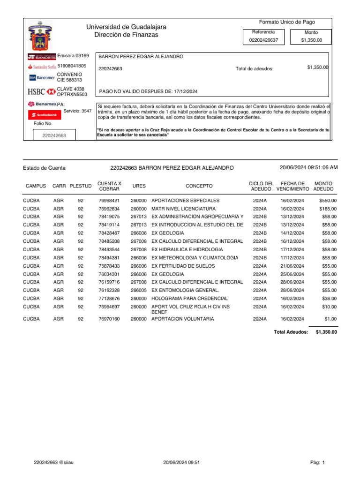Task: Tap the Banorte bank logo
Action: pos(42,57)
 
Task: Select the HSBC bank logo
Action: pos(42,91)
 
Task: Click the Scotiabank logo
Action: pos(44,114)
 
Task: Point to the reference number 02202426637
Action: pos(263,40)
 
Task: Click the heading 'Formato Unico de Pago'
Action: pos(287,22)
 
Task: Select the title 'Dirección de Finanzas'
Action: pos(126,35)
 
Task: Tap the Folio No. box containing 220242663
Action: pos(54,135)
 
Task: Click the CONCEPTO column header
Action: pos(199,186)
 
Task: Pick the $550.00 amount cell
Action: pos(328,201)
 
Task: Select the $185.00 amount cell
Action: pos(328,209)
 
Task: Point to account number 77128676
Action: pos(109,299)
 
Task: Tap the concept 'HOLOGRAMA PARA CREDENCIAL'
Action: pos(189,299)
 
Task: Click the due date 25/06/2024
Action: pos(292,274)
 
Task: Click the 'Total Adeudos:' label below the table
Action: pos(291,332)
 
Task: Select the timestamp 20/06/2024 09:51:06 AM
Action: pos(308,168)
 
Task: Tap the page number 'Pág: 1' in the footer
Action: pos(317,463)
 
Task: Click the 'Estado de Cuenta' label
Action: pos(44,168)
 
